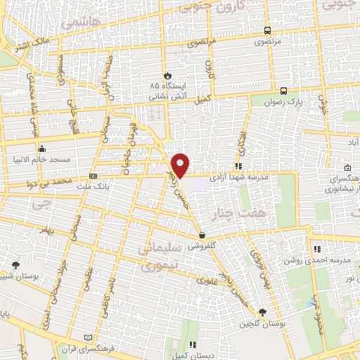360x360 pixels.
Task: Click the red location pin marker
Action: point(181,165)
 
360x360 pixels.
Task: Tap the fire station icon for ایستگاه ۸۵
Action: point(167,75)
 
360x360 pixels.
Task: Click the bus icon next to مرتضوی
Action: point(266,30)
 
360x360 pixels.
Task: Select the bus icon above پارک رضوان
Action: point(283,91)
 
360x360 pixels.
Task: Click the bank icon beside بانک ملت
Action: point(93,176)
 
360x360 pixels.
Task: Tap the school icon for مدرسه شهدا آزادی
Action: point(238,167)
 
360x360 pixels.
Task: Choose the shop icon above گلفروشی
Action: point(202,236)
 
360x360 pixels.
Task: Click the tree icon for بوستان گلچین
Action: point(262,312)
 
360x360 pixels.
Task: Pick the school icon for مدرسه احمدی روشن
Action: point(317,248)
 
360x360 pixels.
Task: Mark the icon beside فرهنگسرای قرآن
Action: point(87,337)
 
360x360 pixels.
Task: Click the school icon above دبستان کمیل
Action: point(192,345)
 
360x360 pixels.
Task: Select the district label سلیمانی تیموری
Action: point(161,257)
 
